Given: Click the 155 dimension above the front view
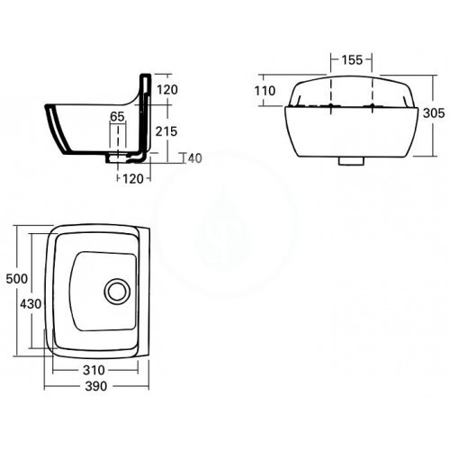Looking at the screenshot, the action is click(x=352, y=60).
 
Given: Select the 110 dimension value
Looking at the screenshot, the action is click(x=265, y=91).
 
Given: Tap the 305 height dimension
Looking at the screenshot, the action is click(x=434, y=113).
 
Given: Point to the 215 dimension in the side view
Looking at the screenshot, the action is click(x=166, y=131).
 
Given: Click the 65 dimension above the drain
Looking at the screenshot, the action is click(x=117, y=116).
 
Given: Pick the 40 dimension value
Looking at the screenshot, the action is click(x=195, y=158).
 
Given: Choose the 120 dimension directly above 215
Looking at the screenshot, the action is click(x=167, y=90).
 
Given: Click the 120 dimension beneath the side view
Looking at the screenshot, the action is click(x=133, y=179).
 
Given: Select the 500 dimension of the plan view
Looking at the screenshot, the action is click(x=17, y=279).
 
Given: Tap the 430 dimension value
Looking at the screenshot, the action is click(x=31, y=304).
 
